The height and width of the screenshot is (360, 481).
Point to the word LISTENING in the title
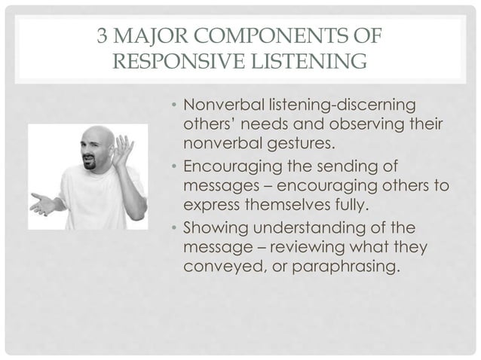tap(305, 59)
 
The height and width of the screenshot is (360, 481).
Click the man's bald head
tap(96, 136)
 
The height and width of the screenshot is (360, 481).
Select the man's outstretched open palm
tap(42, 203)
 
